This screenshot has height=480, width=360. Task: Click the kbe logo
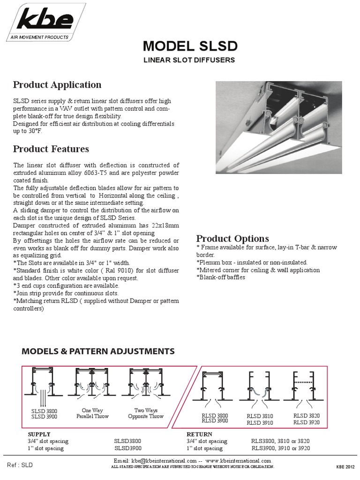pos(45,20)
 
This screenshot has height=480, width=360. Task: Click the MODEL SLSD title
pos(190,46)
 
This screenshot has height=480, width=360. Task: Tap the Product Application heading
pos(57,85)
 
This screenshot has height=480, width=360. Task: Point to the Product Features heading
pos(51,149)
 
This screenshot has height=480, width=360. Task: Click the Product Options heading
pos(232,238)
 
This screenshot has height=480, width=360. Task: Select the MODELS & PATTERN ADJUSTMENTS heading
pos(98,351)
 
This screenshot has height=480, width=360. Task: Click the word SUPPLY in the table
pos(39,434)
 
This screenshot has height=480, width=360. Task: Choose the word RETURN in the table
pos(199,434)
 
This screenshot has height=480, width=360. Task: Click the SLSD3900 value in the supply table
pos(127,448)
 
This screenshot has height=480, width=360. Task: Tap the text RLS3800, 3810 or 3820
pos(280,441)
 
